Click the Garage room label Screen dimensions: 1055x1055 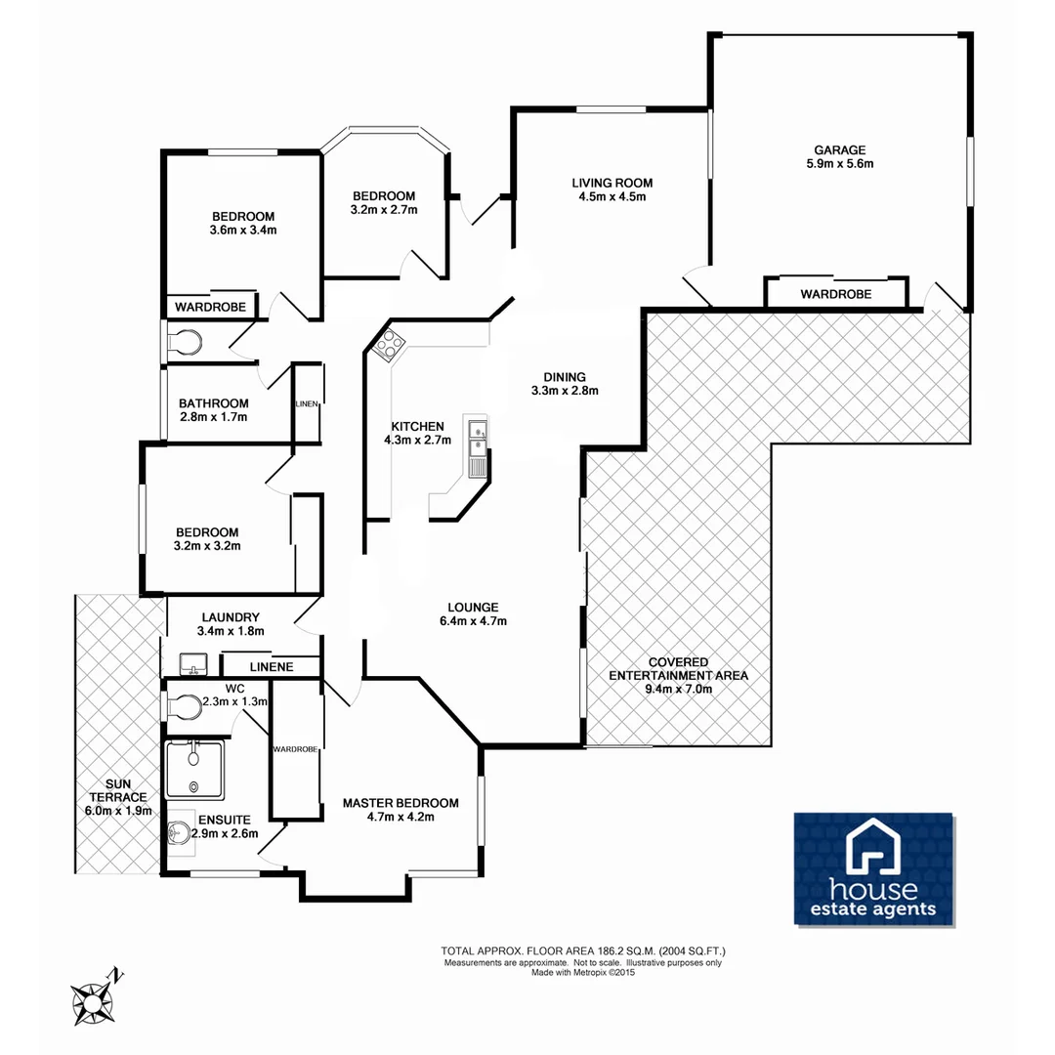coord(840,150)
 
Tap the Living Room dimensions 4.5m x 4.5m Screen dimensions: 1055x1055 coord(612,197)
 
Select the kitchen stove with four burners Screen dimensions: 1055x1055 coord(389,344)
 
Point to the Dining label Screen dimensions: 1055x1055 coord(565,376)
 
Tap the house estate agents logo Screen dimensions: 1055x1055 coord(873,868)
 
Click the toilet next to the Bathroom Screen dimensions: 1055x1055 coord(186,342)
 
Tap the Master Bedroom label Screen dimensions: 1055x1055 coord(400,803)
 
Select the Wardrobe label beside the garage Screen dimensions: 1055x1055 coord(835,294)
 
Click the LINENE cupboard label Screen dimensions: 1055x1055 coord(271,667)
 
